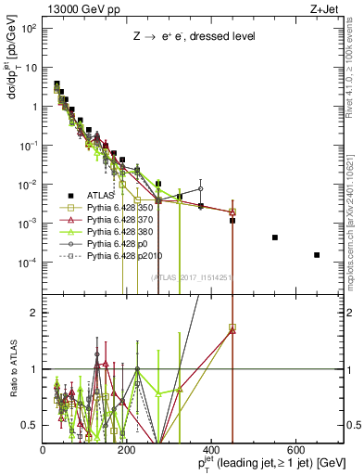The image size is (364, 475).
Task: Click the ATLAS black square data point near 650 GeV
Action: point(317,255)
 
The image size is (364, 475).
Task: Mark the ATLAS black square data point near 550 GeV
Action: point(275,237)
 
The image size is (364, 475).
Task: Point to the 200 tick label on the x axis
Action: point(127,450)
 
